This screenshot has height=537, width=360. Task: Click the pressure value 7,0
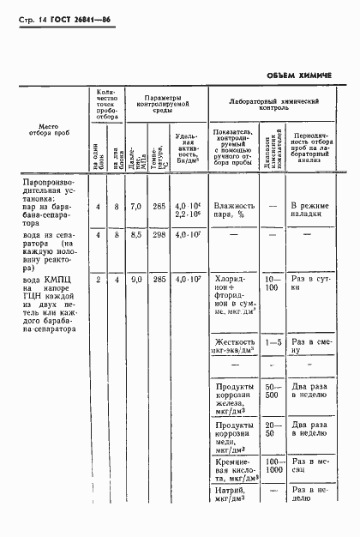pos(135,207)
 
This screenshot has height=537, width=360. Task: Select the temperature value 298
pos(159,233)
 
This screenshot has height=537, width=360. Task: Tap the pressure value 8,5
pos(135,233)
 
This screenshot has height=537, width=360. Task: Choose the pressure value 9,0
pos(135,280)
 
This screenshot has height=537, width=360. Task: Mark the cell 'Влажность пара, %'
pos(234,211)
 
